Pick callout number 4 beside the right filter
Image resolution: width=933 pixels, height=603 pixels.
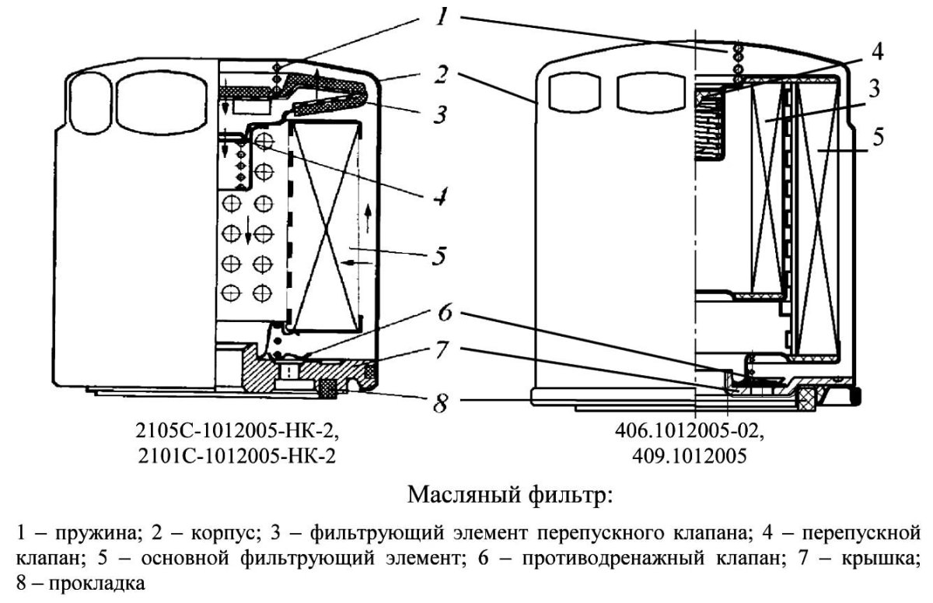tap(876, 52)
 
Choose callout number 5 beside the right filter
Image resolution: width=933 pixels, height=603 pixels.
tap(878, 137)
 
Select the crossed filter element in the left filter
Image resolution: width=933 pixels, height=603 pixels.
tap(326, 226)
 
